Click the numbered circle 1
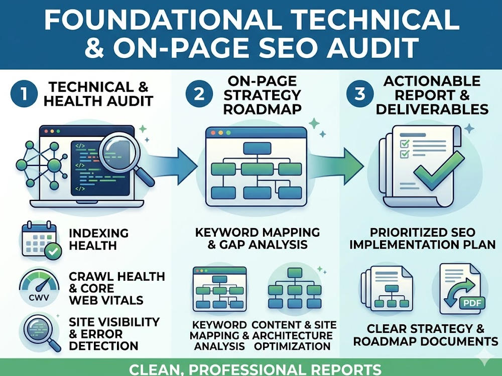pyautogui.click(x=24, y=94)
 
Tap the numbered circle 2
pyautogui.click(x=199, y=94)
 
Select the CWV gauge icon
pyautogui.click(x=39, y=287)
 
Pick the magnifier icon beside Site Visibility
pyautogui.click(x=40, y=332)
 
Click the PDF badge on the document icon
pyautogui.click(x=472, y=303)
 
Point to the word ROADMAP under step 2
pyautogui.click(x=262, y=109)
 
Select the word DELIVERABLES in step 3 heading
pyautogui.click(x=432, y=109)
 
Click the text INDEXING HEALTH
pyautogui.click(x=98, y=239)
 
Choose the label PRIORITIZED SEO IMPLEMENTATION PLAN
pyautogui.click(x=423, y=239)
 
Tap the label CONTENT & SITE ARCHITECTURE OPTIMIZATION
pyautogui.click(x=294, y=335)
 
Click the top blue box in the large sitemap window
pyautogui.click(x=257, y=148)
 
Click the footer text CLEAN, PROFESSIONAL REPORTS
pyautogui.click(x=255, y=369)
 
